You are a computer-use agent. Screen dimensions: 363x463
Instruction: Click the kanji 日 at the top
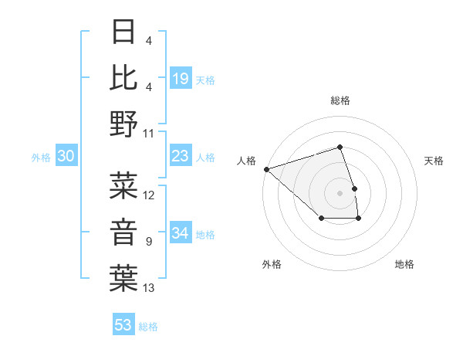pos(125,33)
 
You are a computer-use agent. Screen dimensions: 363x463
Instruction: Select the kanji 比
pos(125,77)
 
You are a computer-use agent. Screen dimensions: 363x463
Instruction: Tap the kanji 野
pos(125,124)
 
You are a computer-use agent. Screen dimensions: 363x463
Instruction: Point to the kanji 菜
pos(125,185)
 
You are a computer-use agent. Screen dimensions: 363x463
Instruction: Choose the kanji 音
pos(125,232)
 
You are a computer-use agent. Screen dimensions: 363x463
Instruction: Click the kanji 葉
pos(125,278)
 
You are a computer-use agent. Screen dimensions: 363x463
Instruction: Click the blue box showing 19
pos(181,78)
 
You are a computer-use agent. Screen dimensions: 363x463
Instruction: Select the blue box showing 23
pos(181,156)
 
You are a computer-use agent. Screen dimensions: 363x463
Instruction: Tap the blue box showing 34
pos(181,233)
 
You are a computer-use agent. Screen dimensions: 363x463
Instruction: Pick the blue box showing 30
pos(66,156)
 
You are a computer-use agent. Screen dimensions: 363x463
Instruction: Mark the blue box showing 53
pos(123,325)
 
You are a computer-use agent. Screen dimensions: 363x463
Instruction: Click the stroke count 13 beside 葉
pos(149,288)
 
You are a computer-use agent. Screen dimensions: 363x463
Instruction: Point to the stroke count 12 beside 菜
pos(149,195)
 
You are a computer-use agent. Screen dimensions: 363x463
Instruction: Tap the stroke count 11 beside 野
pos(149,133)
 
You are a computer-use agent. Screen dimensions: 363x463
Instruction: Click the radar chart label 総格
pos(340,100)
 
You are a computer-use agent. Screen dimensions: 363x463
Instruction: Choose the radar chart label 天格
pos(434,161)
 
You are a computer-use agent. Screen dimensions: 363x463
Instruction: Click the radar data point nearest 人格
pos(266,168)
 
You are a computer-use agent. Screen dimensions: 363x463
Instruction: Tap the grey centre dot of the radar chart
pos(340,192)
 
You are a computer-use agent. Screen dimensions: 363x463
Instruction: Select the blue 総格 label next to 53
pos(148,327)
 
